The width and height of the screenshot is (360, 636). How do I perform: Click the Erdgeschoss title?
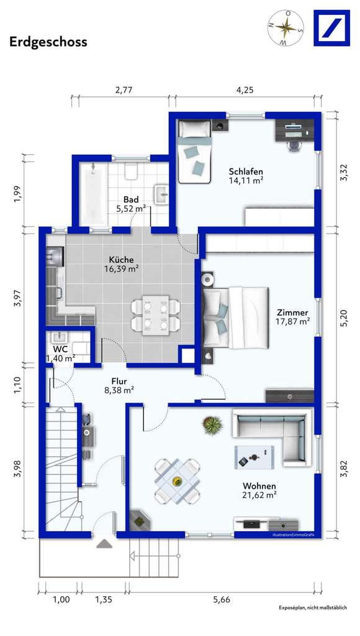pyautogui.click(x=48, y=42)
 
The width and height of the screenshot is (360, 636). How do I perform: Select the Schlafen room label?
pyautogui.click(x=246, y=172)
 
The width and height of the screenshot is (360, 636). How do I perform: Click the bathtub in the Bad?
pyautogui.click(x=92, y=193)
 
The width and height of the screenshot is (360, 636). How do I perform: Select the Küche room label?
pyautogui.click(x=121, y=260)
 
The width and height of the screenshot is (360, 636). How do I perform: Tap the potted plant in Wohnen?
pyautogui.click(x=212, y=425)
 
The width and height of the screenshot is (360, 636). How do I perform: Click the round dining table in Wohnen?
pyautogui.click(x=177, y=481)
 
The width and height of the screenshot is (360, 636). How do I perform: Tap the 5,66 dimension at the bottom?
pyautogui.click(x=222, y=599)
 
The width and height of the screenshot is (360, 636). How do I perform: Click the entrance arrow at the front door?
pyautogui.click(x=103, y=544)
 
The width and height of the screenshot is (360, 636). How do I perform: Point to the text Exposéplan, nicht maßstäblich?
pyautogui.click(x=312, y=607)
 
